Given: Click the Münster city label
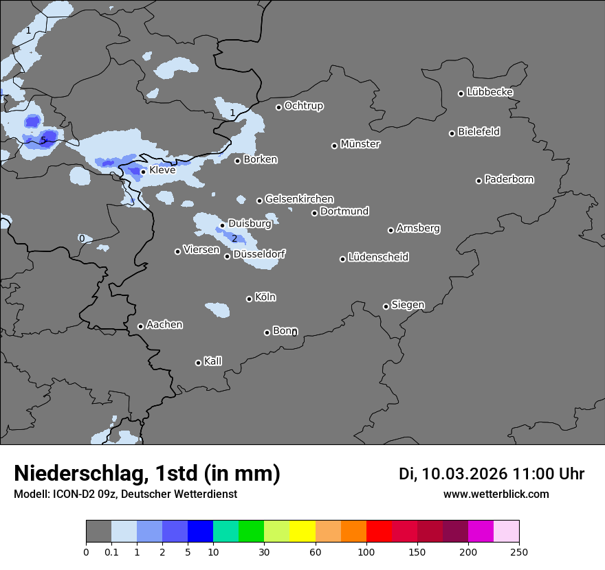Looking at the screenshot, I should pos(360,144).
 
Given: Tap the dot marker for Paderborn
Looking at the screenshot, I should pos(479,181).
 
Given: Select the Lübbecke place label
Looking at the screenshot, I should pos(490,92).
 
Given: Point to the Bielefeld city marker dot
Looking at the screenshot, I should pos(452,133).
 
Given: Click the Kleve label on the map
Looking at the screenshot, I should pos(162,170).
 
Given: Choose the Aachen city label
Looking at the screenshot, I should pos(164,325).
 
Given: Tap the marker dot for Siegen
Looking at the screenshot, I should pos(386,306).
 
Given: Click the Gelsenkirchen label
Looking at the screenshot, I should pos(299,199).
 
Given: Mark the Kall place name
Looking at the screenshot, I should pos(213,361).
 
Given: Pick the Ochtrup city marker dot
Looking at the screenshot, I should pos(278,107).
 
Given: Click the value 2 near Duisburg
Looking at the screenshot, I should pos(234,239).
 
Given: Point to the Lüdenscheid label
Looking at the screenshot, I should pos(378,258).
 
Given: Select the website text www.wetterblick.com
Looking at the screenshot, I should pos(496,494).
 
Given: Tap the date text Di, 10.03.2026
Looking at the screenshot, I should pos(453,474).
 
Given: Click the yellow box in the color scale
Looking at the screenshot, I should pos(302,532).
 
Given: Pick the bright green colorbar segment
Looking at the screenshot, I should pos(252,532).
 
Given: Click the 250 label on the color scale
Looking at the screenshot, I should pos(519,551).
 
